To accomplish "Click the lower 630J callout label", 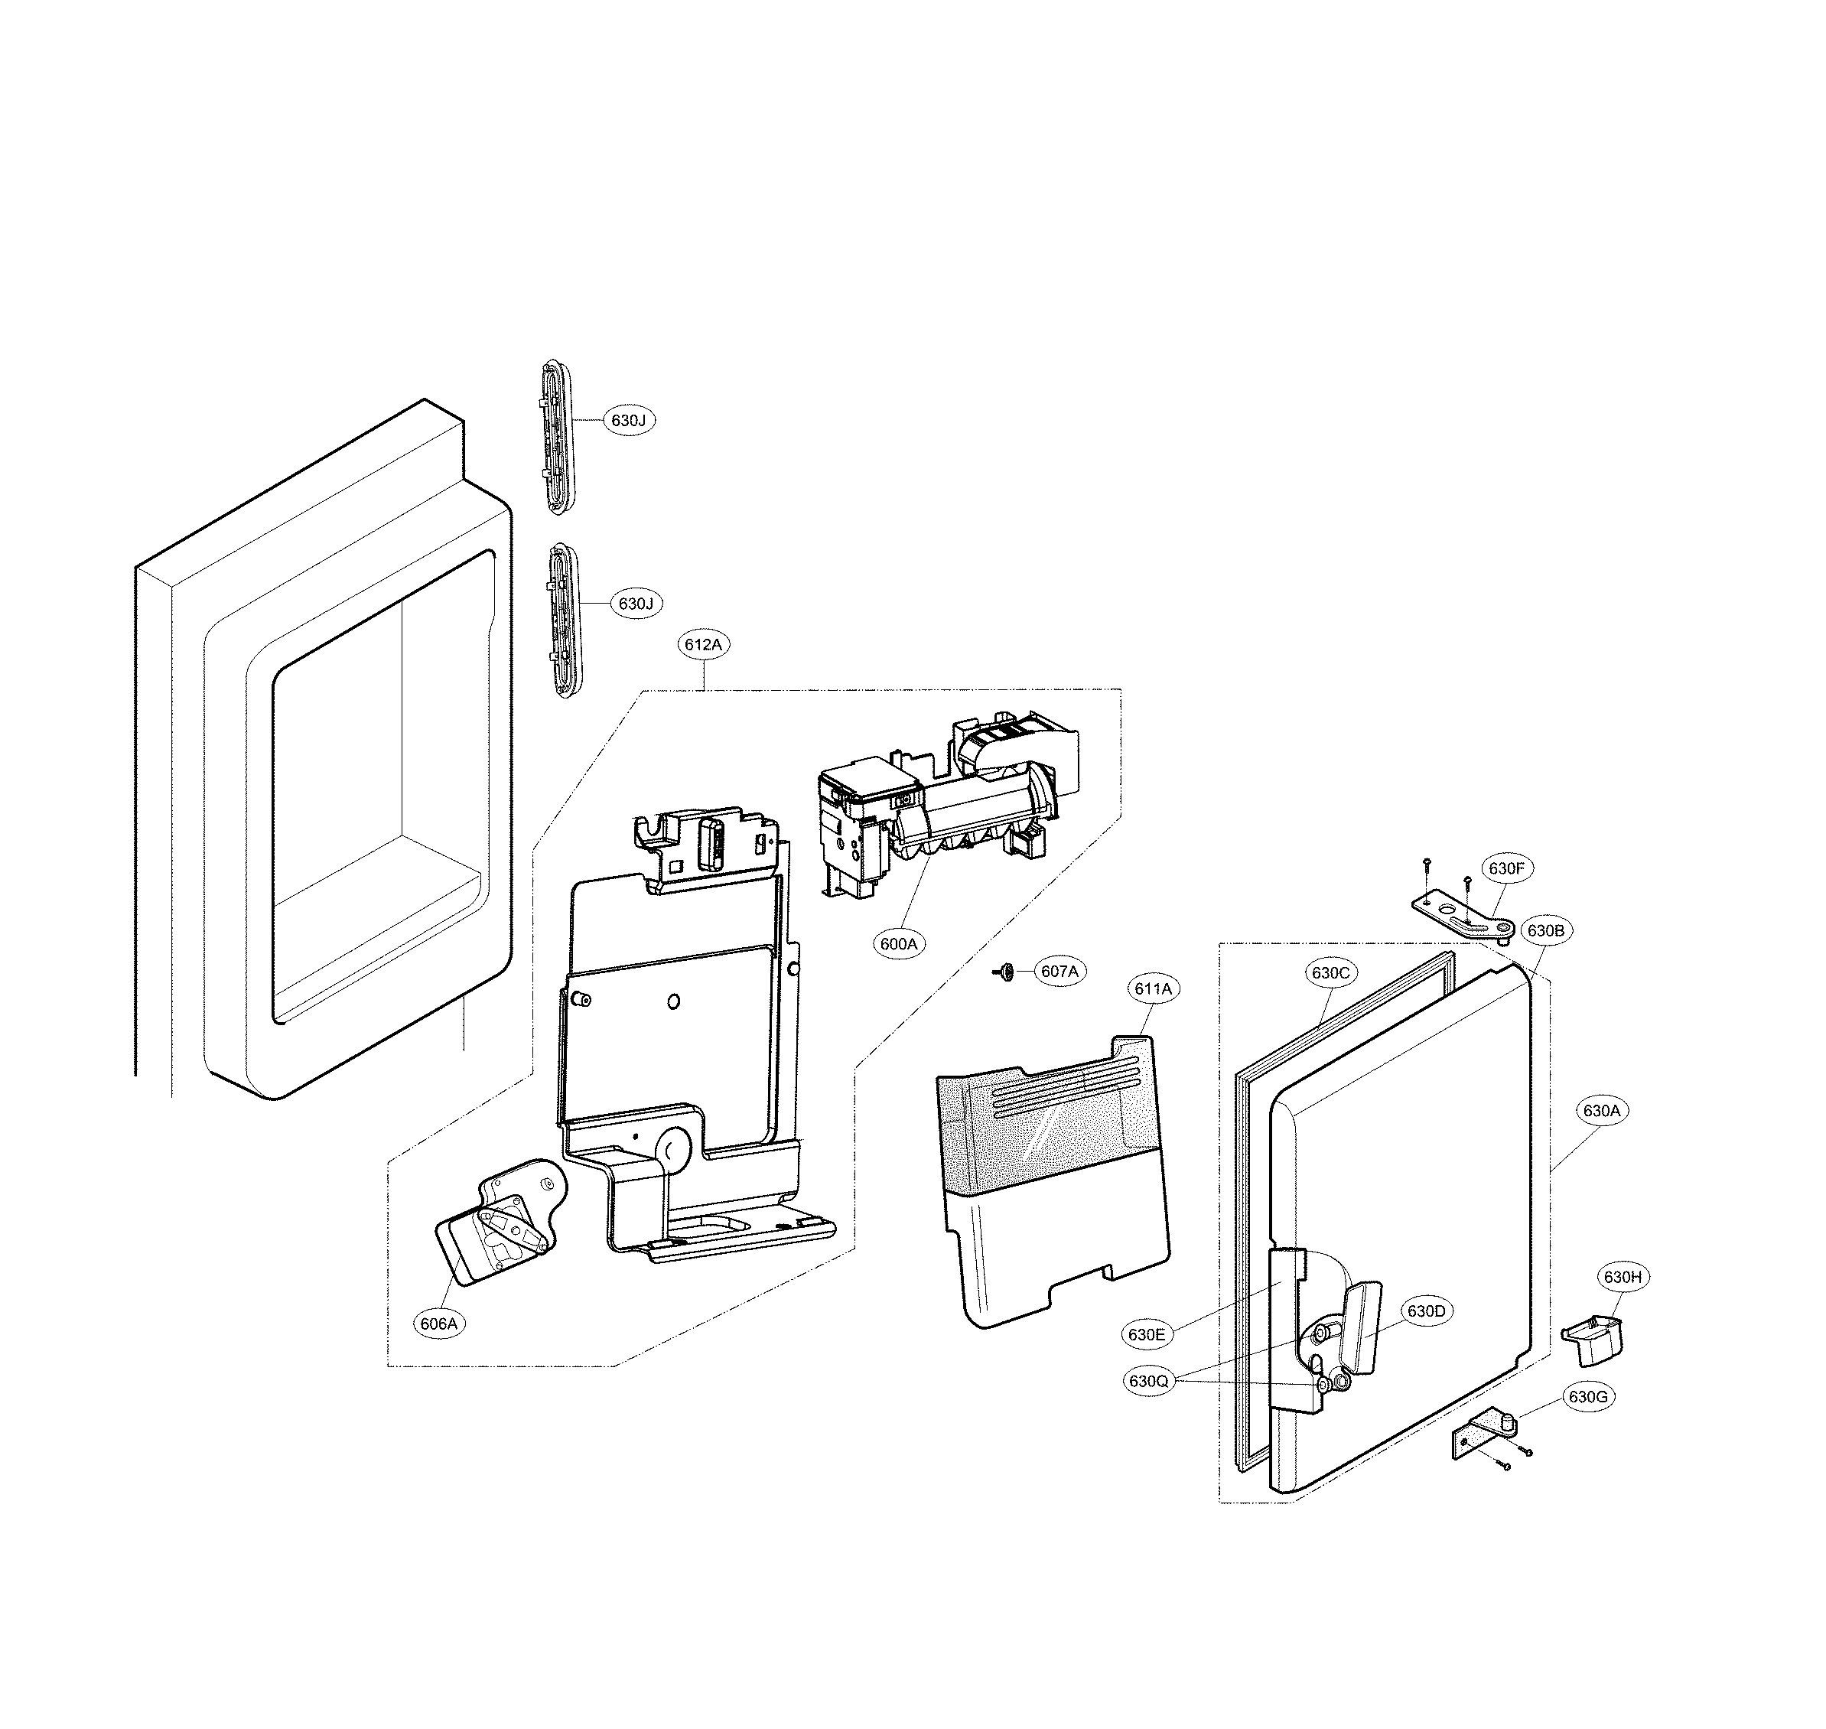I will click(x=635, y=604).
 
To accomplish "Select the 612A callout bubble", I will click(x=703, y=645).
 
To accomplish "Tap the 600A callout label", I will click(x=900, y=944).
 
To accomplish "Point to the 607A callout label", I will click(x=1059, y=972).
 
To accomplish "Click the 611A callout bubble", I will click(x=1153, y=989).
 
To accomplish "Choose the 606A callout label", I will click(x=439, y=1324).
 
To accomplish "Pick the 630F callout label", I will click(x=1506, y=868).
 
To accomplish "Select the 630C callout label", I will click(x=1330, y=972).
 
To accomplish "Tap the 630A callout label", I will click(x=1601, y=1112).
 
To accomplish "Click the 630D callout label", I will click(x=1426, y=1311).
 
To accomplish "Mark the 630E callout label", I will click(x=1147, y=1333).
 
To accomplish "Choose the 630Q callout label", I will click(x=1148, y=1382).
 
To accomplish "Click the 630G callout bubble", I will click(x=1588, y=1397).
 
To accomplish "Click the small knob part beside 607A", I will click(x=1006, y=972).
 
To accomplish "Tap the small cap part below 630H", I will click(x=1590, y=1341).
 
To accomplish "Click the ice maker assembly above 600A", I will click(x=949, y=802).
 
